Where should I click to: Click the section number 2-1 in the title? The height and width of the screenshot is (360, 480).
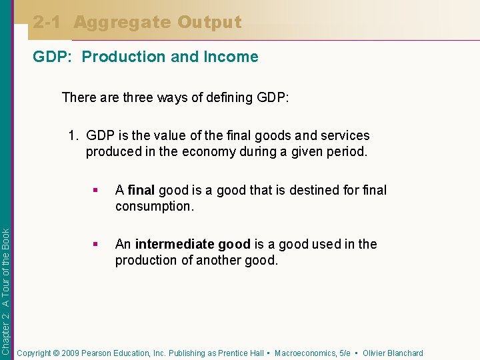(x=49, y=22)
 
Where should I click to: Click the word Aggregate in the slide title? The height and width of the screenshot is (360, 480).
(x=122, y=23)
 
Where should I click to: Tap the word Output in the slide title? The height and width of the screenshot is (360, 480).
(x=209, y=22)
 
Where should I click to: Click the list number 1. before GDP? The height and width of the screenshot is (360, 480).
(x=75, y=135)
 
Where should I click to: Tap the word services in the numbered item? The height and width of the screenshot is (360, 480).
(x=343, y=135)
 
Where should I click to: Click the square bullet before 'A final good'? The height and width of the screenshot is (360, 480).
(x=97, y=191)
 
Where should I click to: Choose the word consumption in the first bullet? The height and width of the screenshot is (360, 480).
(x=153, y=206)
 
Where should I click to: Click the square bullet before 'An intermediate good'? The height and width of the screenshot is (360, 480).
(x=97, y=245)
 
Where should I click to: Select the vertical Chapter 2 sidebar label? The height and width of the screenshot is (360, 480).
(x=6, y=291)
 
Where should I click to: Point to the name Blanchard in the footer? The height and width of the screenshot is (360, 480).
(x=402, y=353)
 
